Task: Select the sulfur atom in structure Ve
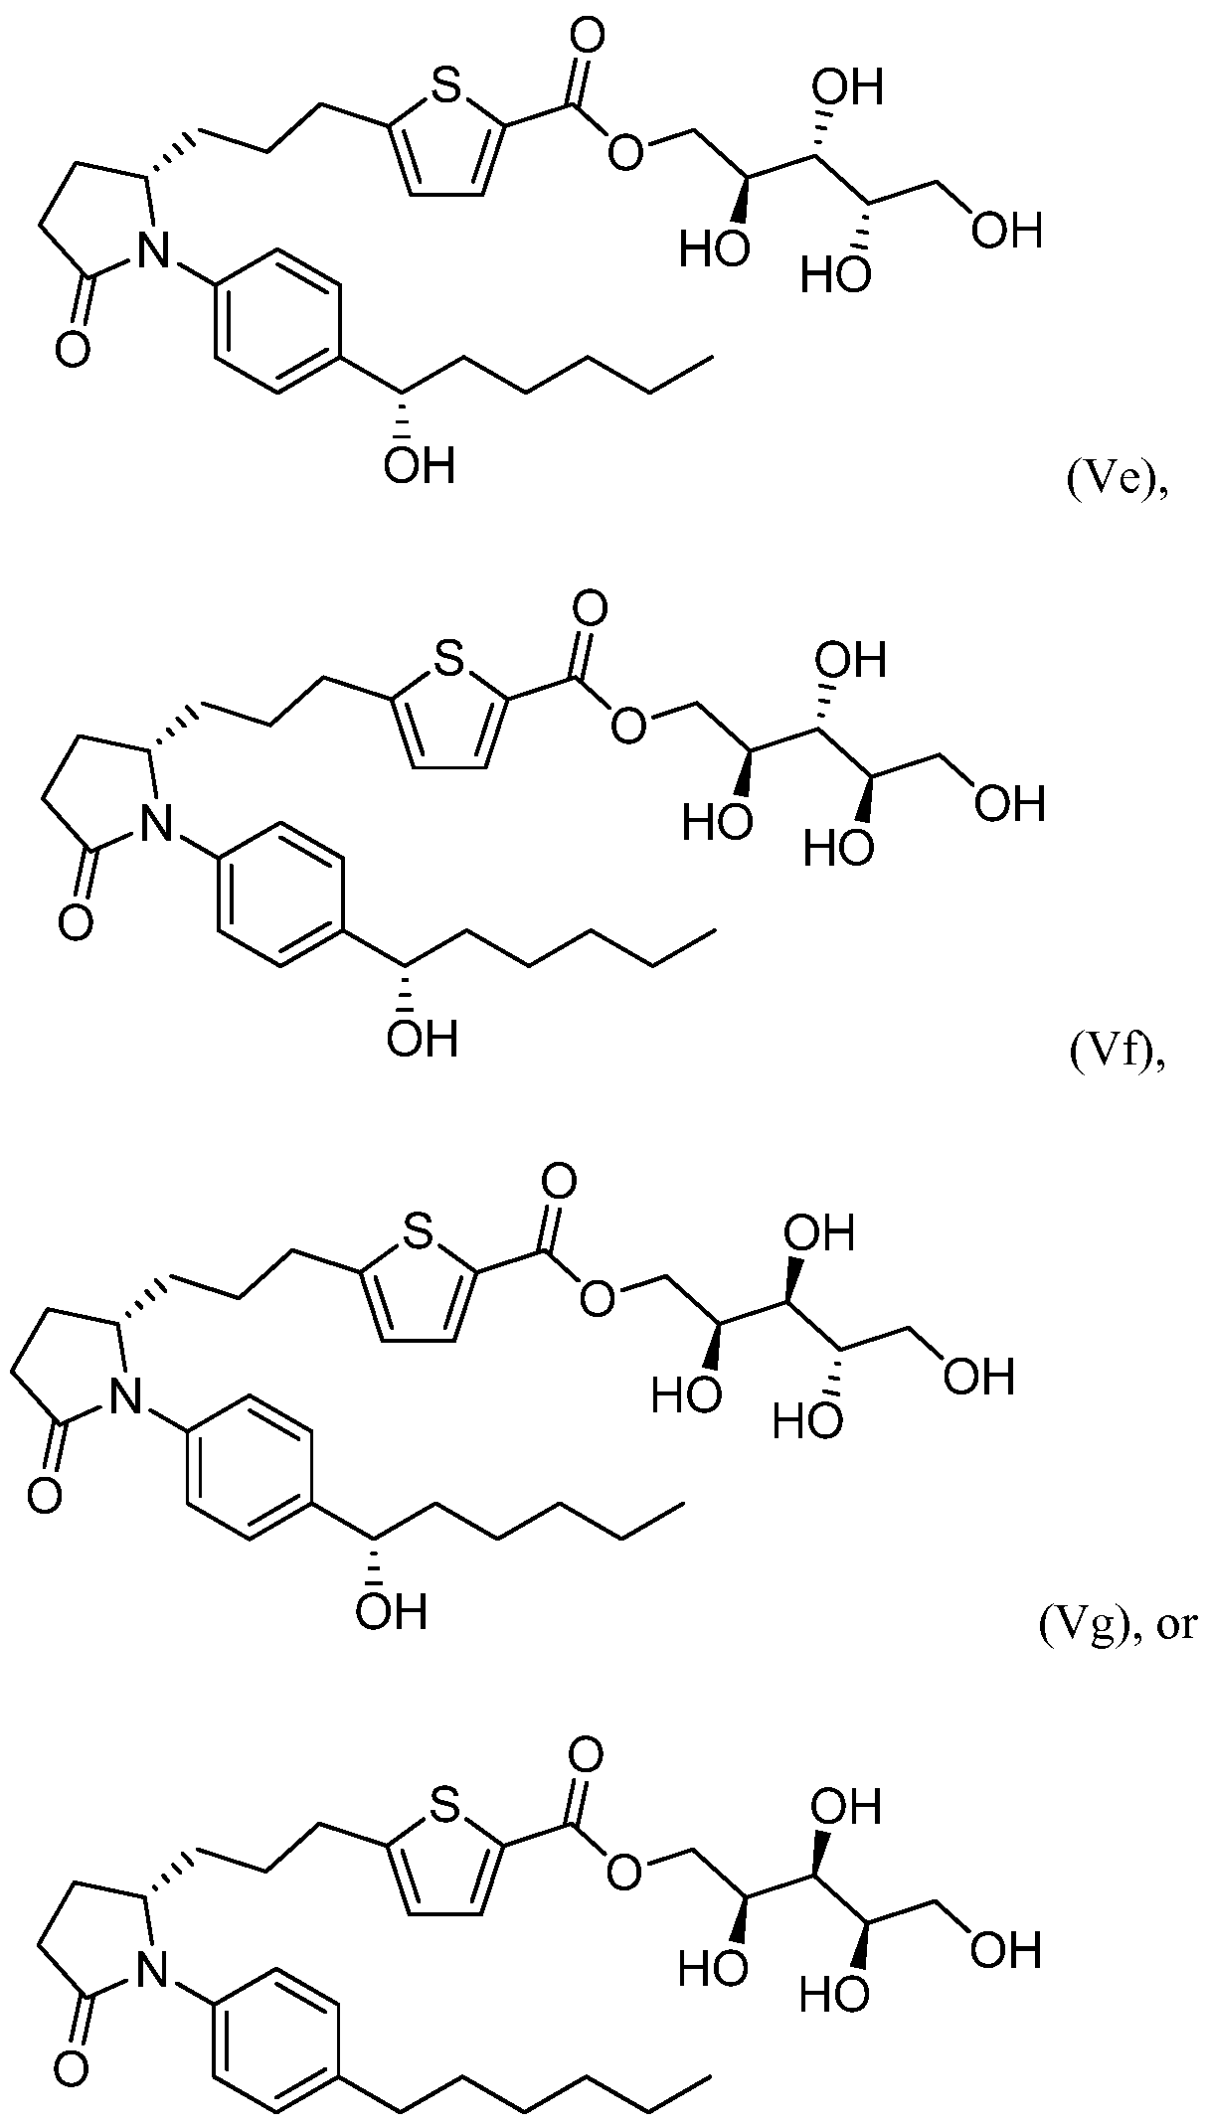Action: [446, 87]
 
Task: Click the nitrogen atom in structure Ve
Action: [151, 251]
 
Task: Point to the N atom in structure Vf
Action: [152, 824]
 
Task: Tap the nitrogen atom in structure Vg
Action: [123, 1396]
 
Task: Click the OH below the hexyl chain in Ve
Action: [420, 464]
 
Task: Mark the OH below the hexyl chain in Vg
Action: [392, 1609]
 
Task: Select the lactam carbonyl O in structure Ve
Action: [73, 350]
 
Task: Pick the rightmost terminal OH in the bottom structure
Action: [1007, 1948]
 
